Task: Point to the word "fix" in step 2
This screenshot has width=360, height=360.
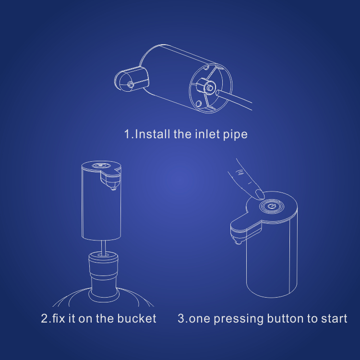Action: [x=59, y=318]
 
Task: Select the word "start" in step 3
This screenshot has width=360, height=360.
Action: [x=334, y=319]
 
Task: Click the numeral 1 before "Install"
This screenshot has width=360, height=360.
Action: [x=127, y=134]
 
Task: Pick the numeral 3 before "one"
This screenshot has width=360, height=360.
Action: [x=181, y=318]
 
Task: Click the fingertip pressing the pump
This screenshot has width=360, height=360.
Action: [x=260, y=194]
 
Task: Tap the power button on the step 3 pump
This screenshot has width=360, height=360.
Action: [x=272, y=206]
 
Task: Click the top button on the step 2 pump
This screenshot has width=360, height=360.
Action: [x=101, y=166]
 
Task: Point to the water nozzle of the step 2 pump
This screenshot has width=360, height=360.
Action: [x=113, y=188]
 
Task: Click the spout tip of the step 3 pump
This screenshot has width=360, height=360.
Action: [x=238, y=241]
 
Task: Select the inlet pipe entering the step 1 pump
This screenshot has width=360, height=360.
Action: [x=234, y=100]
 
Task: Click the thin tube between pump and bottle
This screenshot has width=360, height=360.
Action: [x=104, y=247]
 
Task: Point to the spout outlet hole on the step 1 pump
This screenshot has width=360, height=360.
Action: [x=131, y=84]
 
